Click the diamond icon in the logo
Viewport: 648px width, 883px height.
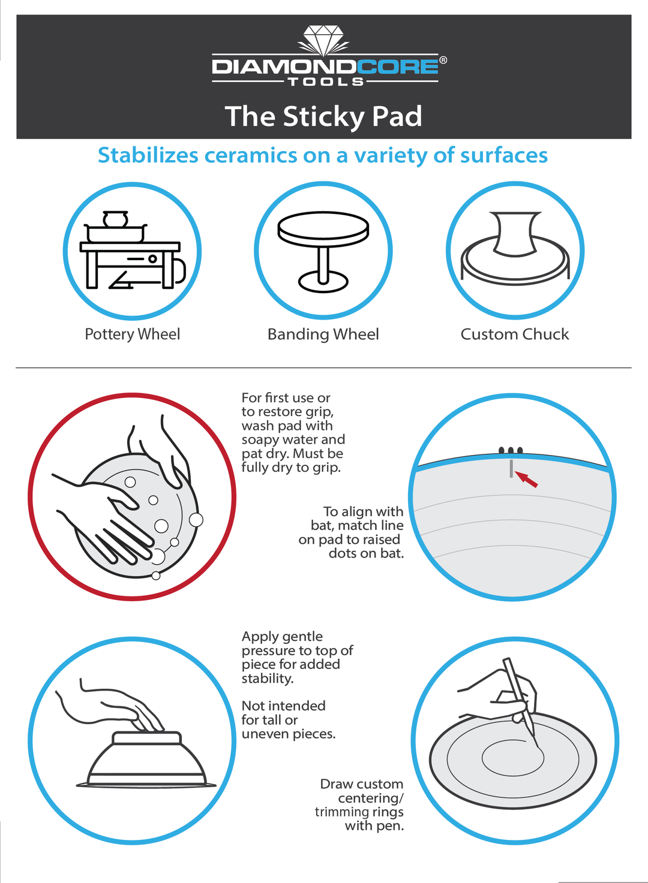(323, 40)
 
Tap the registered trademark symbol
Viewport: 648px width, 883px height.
(443, 60)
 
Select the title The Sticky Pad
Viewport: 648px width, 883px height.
(323, 116)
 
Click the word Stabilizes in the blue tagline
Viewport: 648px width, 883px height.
(148, 155)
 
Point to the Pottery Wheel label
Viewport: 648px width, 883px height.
(133, 334)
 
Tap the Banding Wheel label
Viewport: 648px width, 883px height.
(323, 334)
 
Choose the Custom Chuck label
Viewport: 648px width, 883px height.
(515, 334)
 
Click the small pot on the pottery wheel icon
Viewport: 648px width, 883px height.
(116, 219)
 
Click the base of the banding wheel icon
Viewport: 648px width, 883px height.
(323, 282)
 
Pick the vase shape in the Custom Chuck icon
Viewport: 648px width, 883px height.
(515, 234)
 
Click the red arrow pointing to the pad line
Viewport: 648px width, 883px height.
(526, 480)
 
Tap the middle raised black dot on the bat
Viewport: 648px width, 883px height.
(511, 451)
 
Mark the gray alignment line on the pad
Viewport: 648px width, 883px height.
(511, 469)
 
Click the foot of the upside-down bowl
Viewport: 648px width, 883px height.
(146, 737)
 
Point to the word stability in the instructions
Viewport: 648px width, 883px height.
(267, 679)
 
